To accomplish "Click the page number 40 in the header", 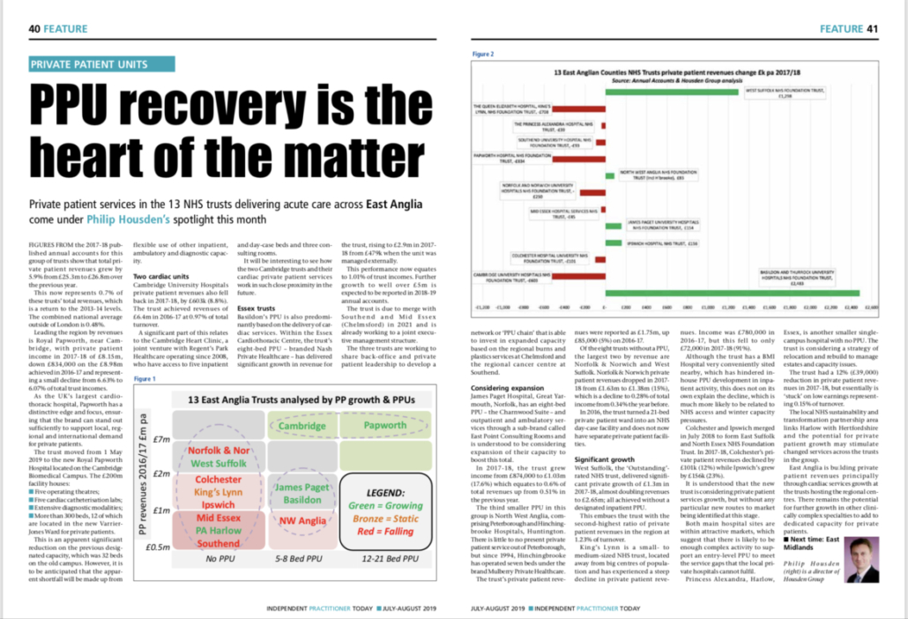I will click(35, 29).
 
